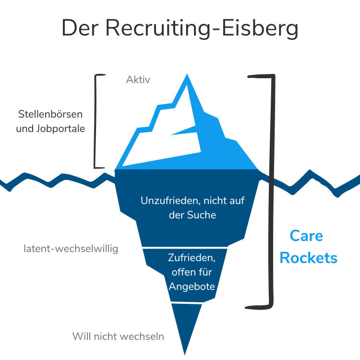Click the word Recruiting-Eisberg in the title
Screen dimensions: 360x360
click(x=202, y=28)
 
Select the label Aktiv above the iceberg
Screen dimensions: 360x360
click(x=138, y=80)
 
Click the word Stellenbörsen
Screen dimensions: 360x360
click(x=50, y=115)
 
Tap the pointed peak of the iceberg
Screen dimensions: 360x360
click(x=186, y=75)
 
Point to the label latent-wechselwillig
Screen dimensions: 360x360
click(x=71, y=249)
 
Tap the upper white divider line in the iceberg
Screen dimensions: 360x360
click(x=186, y=248)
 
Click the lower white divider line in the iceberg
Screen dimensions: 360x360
click(x=188, y=303)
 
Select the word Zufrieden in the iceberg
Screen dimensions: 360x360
click(x=192, y=258)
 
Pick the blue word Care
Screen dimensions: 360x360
click(x=306, y=236)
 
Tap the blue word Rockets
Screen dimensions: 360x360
click(x=308, y=258)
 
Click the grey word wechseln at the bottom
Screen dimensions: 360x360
click(x=142, y=336)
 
